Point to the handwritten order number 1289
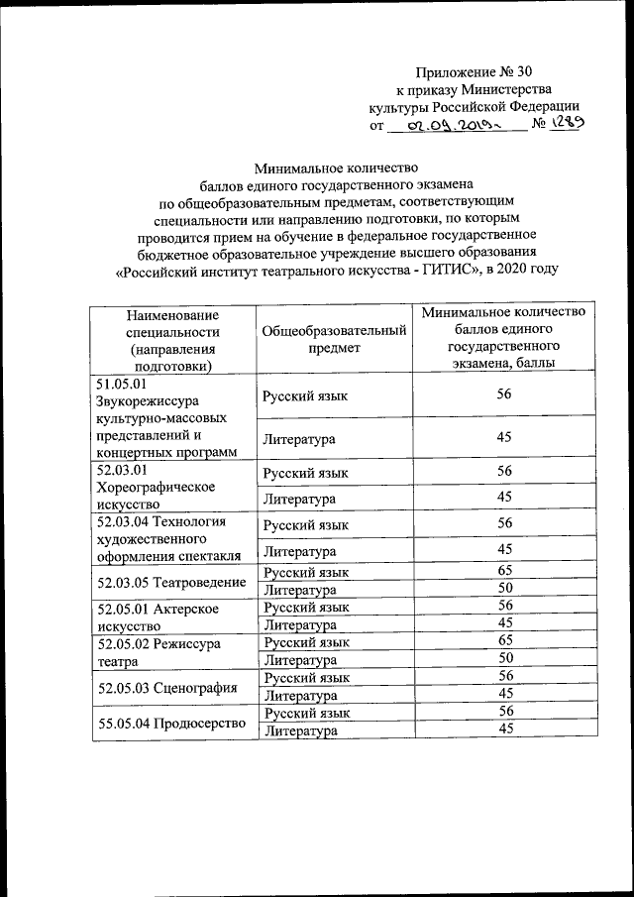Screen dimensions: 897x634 click(568, 123)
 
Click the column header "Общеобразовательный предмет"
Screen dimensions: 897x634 click(334, 339)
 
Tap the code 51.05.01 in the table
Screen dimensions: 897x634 click(120, 384)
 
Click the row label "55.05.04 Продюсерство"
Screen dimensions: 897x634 click(169, 722)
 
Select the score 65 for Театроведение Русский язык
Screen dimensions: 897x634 click(505, 571)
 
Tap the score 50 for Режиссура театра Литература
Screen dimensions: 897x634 click(505, 659)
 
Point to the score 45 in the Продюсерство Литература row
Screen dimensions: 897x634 click(505, 730)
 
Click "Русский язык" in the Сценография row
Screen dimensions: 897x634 click(306, 677)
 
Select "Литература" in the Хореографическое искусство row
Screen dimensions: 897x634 click(298, 497)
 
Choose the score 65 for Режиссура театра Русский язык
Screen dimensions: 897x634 click(505, 642)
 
